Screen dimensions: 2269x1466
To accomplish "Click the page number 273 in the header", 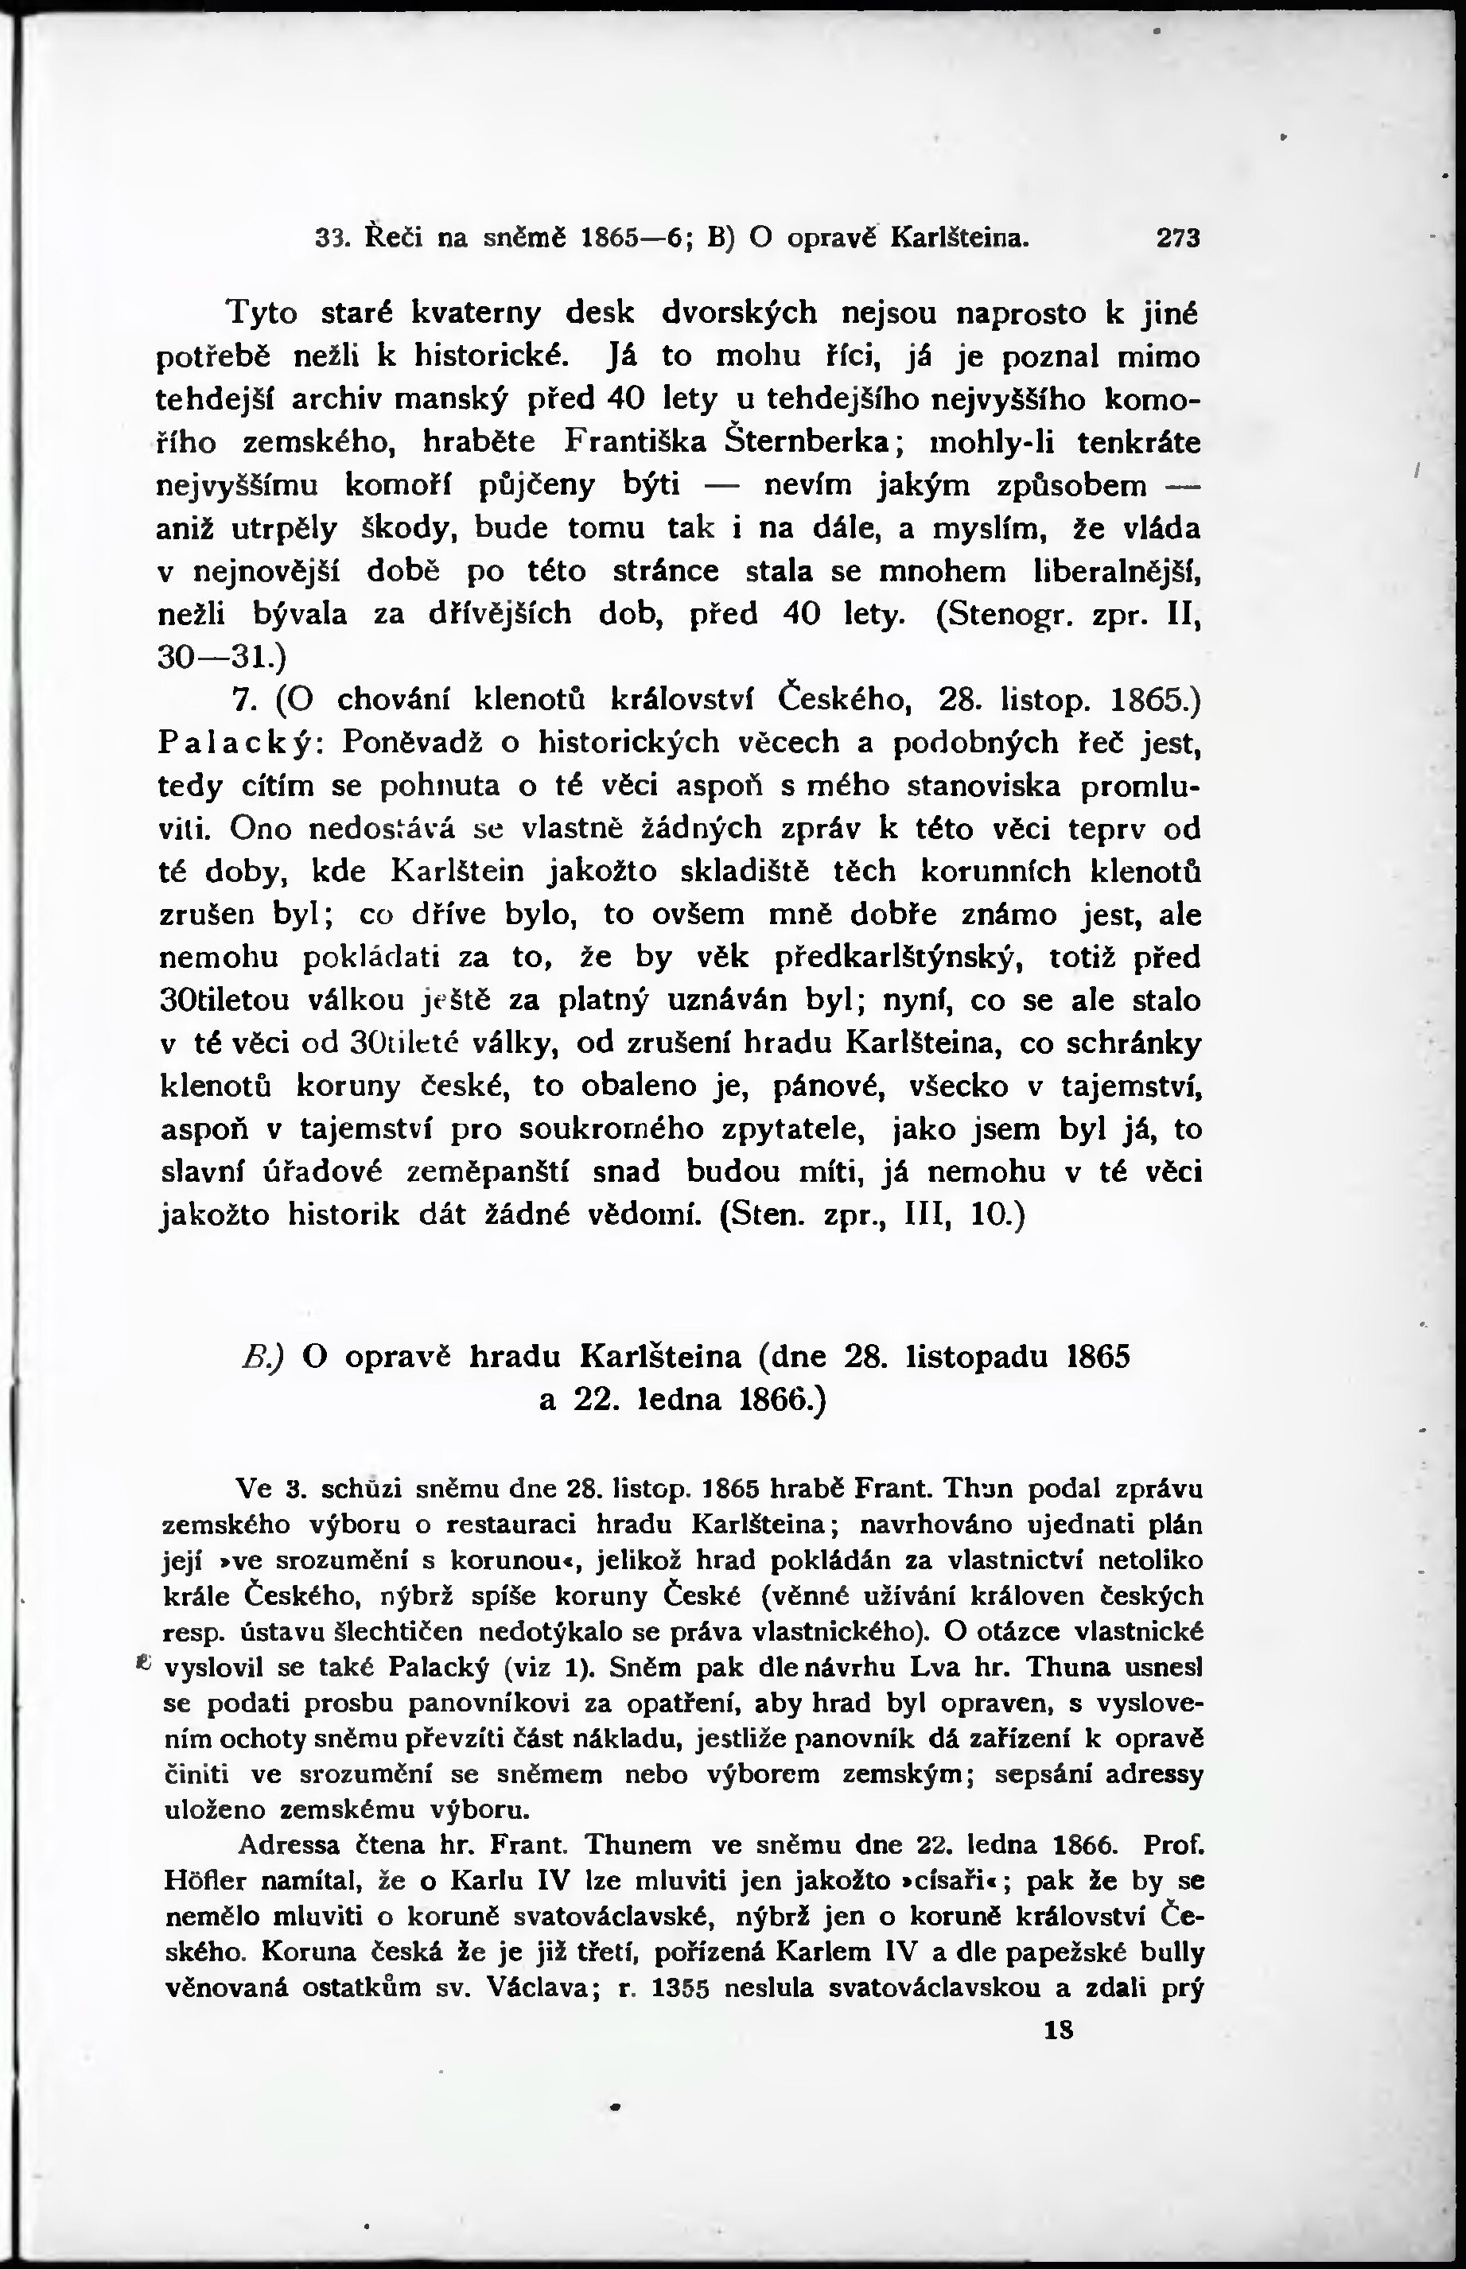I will tap(1179, 237).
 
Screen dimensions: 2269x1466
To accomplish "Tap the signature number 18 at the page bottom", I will tap(1060, 2031).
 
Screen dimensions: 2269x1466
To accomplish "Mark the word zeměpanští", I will tap(489, 1171).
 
